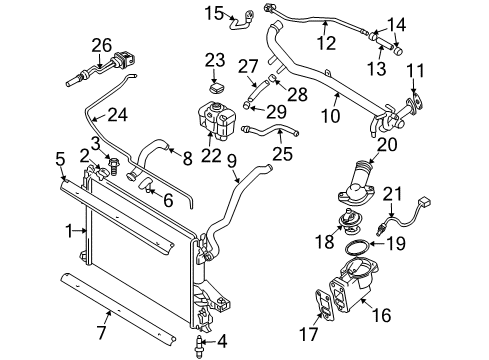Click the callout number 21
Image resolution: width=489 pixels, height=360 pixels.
tap(420, 192)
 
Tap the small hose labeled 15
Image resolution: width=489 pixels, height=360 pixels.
tap(241, 16)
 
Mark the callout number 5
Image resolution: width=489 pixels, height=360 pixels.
tap(60, 157)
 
